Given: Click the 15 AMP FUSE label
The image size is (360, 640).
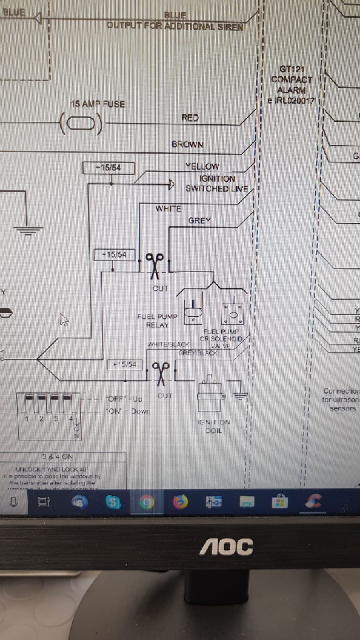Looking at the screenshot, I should pyautogui.click(x=98, y=104).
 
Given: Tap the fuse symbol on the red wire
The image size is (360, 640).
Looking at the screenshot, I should pyautogui.click(x=81, y=124).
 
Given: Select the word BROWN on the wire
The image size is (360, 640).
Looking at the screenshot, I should pyautogui.click(x=187, y=144).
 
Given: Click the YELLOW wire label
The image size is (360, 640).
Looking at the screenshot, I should pyautogui.click(x=202, y=166).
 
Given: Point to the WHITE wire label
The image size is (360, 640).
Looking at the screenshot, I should pyautogui.click(x=168, y=208).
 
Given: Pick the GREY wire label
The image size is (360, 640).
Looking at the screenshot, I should pyautogui.click(x=199, y=221).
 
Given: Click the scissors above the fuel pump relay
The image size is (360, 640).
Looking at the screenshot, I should pyautogui.click(x=154, y=265).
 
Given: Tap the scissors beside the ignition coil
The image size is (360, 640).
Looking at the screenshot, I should pyautogui.click(x=161, y=374).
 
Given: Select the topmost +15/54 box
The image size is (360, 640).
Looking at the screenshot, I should pyautogui.click(x=108, y=168).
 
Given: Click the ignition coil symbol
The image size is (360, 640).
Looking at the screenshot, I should pyautogui.click(x=210, y=394).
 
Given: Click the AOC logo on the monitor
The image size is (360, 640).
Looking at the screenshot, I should pyautogui.click(x=226, y=546).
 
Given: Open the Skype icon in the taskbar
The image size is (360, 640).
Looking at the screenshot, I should pyautogui.click(x=113, y=502).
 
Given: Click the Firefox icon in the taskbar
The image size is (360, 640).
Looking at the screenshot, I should pyautogui.click(x=180, y=501).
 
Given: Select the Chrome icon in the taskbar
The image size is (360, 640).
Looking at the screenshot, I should pyautogui.click(x=146, y=502).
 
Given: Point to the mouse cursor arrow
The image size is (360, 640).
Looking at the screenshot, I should pyautogui.click(x=64, y=320).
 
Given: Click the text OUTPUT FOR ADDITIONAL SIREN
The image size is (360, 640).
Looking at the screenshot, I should pyautogui.click(x=175, y=27).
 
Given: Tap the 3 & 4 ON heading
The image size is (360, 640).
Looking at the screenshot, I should pyautogui.click(x=58, y=456).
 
